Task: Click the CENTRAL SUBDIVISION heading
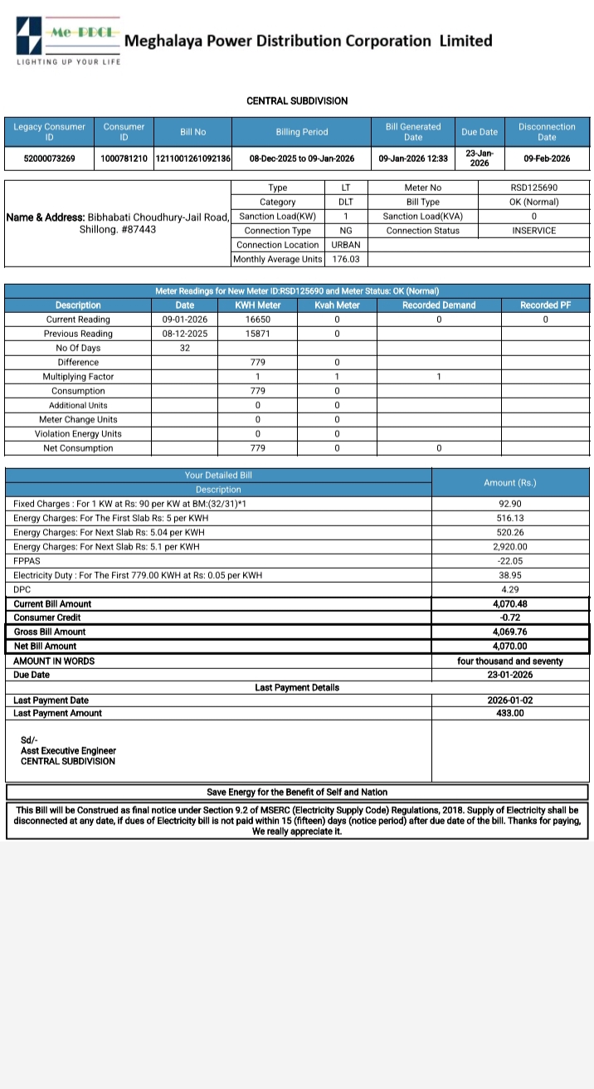click(297, 100)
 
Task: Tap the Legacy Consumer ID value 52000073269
click(49, 159)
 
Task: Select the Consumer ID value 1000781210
click(124, 159)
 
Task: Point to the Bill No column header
click(192, 132)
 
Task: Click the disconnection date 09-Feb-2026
click(547, 159)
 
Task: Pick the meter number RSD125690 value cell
click(533, 188)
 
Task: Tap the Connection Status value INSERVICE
click(533, 231)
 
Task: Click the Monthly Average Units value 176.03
click(346, 260)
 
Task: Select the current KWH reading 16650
click(258, 320)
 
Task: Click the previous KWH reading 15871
click(258, 334)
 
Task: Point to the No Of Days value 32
click(185, 348)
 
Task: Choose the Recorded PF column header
click(545, 305)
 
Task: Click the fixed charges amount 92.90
click(509, 504)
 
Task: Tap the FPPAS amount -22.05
click(509, 561)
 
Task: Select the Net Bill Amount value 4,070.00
click(509, 646)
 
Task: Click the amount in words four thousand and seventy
click(509, 662)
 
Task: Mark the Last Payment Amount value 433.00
click(509, 713)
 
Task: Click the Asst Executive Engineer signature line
click(68, 750)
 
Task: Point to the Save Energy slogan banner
click(297, 792)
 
